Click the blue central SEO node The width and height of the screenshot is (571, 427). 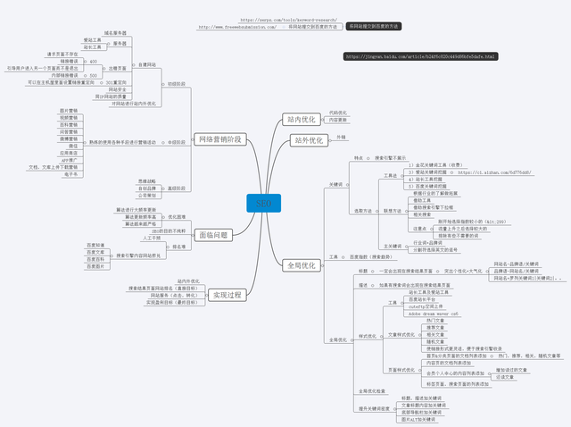(262, 204)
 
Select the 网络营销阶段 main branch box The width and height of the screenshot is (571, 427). (219, 138)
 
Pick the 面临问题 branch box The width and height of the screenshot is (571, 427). (211, 235)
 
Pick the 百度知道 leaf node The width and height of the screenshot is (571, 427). (96, 245)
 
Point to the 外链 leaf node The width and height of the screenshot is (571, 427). (341, 137)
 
